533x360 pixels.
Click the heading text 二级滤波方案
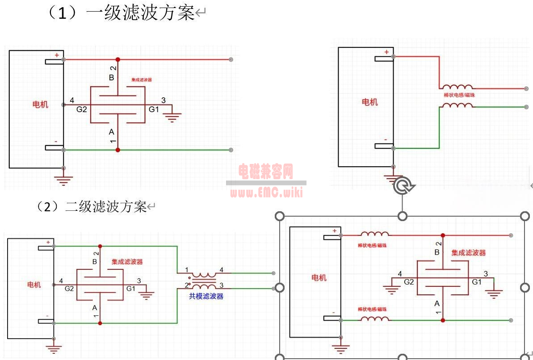click(106, 207)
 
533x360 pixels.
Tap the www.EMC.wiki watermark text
click(266, 192)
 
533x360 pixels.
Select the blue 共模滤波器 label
click(206, 296)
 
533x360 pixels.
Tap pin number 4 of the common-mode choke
click(221, 270)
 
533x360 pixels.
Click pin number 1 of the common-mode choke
click(186, 270)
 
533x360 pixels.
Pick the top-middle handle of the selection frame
click(403, 216)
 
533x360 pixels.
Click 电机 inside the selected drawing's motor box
click(319, 277)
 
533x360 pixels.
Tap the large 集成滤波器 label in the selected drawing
click(468, 253)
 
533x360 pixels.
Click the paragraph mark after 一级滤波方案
click(200, 14)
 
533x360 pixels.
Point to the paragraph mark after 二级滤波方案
click(151, 207)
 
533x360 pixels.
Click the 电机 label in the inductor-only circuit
click(369, 102)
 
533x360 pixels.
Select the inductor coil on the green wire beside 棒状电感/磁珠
click(456, 106)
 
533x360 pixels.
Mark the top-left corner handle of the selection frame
click(280, 216)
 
